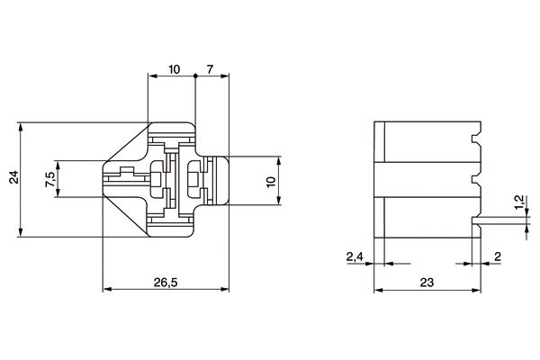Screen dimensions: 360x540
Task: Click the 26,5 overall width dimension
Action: pyautogui.click(x=166, y=281)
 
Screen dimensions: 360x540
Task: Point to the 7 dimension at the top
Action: pyautogui.click(x=210, y=69)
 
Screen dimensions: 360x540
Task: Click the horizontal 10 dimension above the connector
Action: pyautogui.click(x=173, y=69)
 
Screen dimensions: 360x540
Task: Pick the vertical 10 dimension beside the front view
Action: pyautogui.click(x=271, y=181)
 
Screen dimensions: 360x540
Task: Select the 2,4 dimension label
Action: pyautogui.click(x=355, y=256)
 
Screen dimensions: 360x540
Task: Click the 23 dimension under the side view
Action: pyautogui.click(x=427, y=281)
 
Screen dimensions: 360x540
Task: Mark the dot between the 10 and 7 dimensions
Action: pyautogui.click(x=194, y=78)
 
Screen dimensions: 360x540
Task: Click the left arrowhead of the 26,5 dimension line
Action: pyautogui.click(x=108, y=290)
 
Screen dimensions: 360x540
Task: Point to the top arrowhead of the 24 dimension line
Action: pyautogui.click(x=20, y=127)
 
